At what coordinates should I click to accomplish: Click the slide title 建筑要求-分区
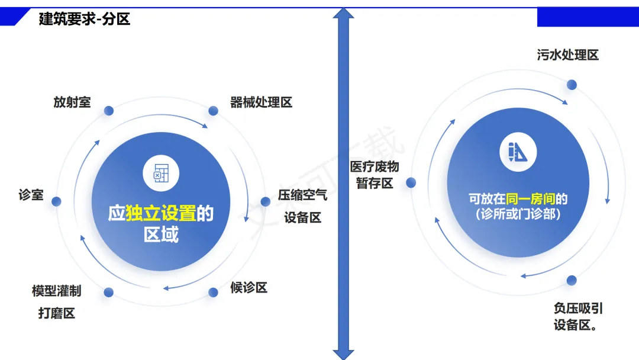tap(85, 19)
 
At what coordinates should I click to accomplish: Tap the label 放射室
tap(72, 102)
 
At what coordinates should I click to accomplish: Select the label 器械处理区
tap(261, 102)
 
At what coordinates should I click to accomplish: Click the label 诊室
tap(31, 194)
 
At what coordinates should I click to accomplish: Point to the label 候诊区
tap(248, 288)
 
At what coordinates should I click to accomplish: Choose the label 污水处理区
tap(568, 55)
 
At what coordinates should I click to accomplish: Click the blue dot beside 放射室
tap(108, 111)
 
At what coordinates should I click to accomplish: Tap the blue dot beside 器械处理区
tap(214, 111)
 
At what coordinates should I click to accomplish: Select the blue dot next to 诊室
tap(57, 201)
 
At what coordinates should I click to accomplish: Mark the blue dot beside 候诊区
tap(214, 292)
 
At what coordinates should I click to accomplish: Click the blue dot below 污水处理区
tap(572, 85)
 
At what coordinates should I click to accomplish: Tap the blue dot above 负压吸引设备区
tap(572, 280)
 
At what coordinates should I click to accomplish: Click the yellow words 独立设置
tap(161, 213)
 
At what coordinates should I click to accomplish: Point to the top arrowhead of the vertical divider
tap(344, 13)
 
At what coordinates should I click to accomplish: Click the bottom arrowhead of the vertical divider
tap(344, 354)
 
